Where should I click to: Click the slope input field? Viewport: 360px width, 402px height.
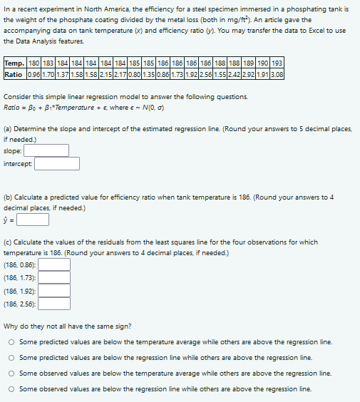pyautogui.click(x=46, y=150)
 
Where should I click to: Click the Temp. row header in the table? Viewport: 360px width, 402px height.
pyautogui.click(x=14, y=64)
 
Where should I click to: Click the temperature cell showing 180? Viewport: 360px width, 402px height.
pyautogui.click(x=33, y=64)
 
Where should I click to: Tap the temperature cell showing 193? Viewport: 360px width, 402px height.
pyautogui.click(x=277, y=64)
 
